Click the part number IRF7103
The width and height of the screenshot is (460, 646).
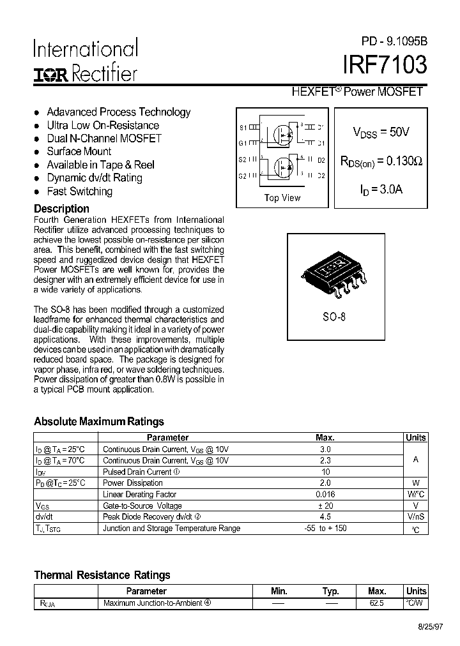(385, 66)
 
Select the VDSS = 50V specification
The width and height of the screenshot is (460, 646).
(381, 132)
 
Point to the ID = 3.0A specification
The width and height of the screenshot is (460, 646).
(381, 189)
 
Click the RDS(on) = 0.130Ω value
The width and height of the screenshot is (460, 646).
(381, 161)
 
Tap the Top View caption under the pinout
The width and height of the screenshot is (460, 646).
(282, 198)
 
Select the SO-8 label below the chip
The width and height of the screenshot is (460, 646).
(333, 316)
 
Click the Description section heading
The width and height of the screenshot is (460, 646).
(61, 209)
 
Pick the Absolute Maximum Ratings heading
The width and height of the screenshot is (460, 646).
(99, 421)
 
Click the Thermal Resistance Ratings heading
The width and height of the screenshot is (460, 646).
(102, 575)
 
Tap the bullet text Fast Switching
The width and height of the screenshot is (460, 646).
(79, 192)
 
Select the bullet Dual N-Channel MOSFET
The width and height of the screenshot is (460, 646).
(104, 139)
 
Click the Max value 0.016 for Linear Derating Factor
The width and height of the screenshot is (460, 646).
(325, 495)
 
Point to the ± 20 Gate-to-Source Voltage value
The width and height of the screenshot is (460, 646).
(325, 506)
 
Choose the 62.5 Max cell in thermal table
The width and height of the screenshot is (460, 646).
(377, 603)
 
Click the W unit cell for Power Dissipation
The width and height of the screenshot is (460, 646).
(415, 483)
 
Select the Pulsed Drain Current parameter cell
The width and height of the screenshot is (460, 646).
(141, 472)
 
